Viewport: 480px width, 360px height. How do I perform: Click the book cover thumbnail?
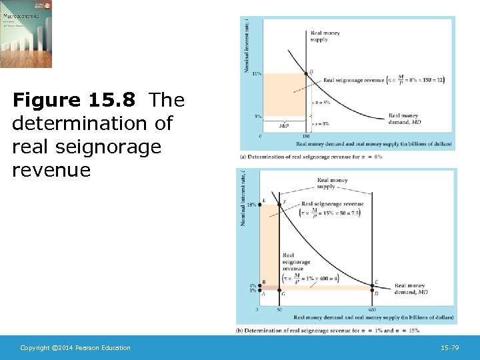[x=26, y=33]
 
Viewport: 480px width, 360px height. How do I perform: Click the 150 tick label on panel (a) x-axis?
[x=306, y=136]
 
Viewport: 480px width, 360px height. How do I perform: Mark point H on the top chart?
[x=306, y=73]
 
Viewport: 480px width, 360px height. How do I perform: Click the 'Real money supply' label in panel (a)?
[x=319, y=35]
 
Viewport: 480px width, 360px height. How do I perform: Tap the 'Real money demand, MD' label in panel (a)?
[x=404, y=119]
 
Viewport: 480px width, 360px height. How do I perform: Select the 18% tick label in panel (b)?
[x=252, y=204]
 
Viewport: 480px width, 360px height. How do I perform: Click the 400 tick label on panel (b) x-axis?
[x=371, y=310]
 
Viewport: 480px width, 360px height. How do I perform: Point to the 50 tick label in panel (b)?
[x=278, y=310]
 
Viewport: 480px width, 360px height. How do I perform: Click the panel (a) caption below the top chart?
[x=310, y=157]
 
